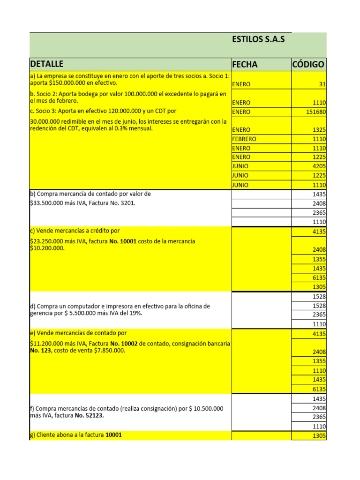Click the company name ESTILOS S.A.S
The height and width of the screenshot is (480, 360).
[x=258, y=39]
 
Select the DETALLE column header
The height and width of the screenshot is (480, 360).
[x=46, y=64]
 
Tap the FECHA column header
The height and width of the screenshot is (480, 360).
[x=245, y=65]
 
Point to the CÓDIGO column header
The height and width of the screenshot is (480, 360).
[x=308, y=65]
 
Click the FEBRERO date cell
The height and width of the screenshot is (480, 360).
[x=244, y=139]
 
